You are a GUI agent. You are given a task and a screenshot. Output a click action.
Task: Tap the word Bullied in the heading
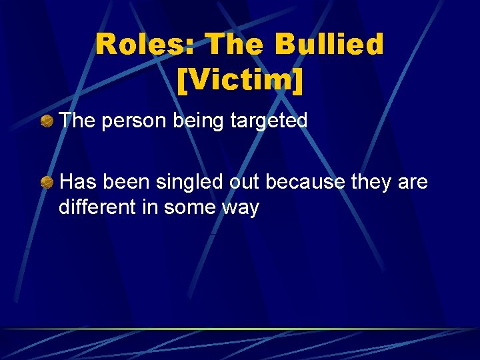[x=329, y=45]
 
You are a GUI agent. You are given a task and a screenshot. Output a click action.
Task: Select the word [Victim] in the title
[x=240, y=81]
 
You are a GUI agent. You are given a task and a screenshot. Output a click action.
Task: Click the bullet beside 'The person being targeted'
[x=47, y=121]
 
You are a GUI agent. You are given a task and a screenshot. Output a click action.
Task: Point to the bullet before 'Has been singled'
[x=47, y=181]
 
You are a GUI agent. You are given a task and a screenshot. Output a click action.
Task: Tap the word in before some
[x=149, y=207]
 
